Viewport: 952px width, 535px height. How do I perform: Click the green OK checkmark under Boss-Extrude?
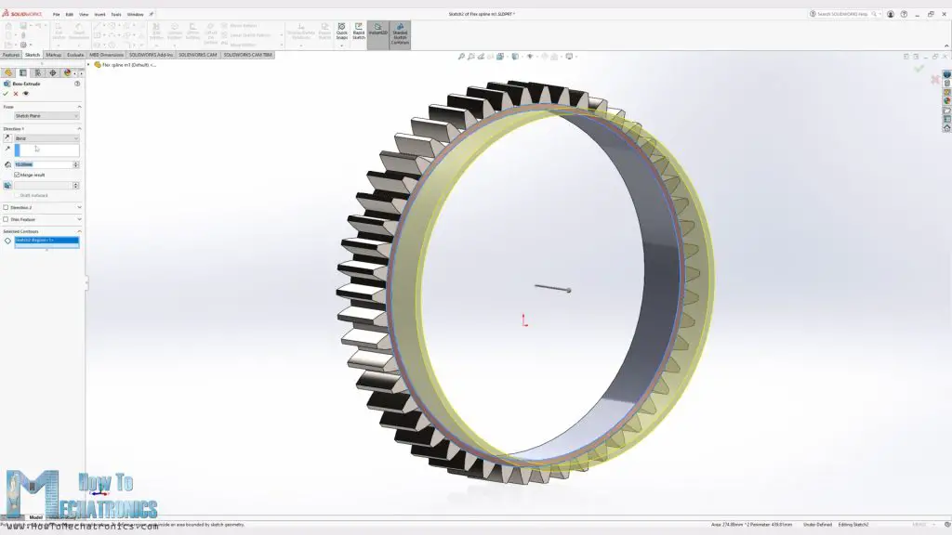(6, 94)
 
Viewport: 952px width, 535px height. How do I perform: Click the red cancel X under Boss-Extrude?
(15, 94)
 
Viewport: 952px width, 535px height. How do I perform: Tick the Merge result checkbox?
(17, 175)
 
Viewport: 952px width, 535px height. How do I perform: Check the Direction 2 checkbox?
(6, 207)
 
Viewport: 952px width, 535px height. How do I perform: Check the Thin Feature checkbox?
(6, 219)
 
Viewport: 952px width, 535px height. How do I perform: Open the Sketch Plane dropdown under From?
(46, 116)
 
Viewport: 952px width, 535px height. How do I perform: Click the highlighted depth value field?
(42, 164)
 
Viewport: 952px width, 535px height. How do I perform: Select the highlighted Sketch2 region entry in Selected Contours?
(46, 241)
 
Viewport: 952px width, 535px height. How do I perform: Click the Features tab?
(10, 55)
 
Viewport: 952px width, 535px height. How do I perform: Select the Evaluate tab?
(75, 55)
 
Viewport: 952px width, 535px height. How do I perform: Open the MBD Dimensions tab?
(106, 55)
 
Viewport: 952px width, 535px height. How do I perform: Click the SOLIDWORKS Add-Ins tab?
(152, 55)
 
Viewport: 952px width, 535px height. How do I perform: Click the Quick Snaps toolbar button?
(342, 33)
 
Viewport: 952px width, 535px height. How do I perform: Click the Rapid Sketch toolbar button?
(359, 33)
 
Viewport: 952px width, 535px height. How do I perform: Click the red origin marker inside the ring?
(524, 320)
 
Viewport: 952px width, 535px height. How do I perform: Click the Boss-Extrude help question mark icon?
(77, 84)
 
